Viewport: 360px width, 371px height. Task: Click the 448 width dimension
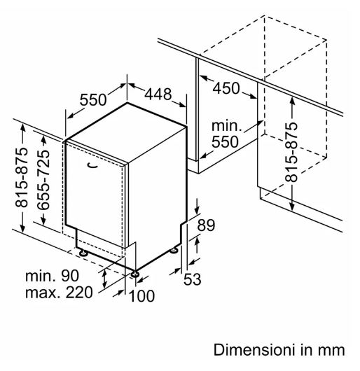tap(158, 94)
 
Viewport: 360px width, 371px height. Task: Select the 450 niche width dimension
tap(226, 88)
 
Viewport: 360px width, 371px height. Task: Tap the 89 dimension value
tap(206, 225)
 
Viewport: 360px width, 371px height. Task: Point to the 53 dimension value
tap(192, 279)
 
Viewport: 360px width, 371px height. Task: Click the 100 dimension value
tap(141, 296)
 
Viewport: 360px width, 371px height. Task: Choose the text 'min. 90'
tap(52, 276)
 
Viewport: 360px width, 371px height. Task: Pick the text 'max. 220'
tap(59, 293)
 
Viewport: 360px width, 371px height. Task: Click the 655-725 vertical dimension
tap(43, 180)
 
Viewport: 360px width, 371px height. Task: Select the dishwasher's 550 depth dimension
tap(93, 99)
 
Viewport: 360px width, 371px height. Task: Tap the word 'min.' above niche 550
tap(226, 125)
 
